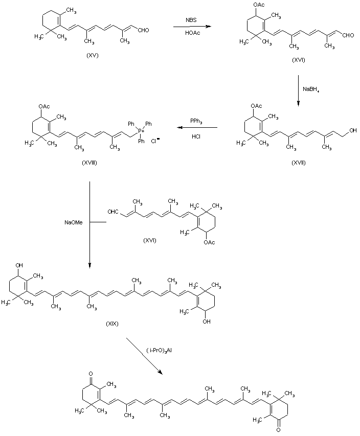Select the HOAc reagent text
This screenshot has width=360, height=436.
click(193, 32)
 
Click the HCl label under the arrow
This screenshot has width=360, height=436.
click(196, 136)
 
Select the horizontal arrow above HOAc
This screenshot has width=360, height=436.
click(192, 27)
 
